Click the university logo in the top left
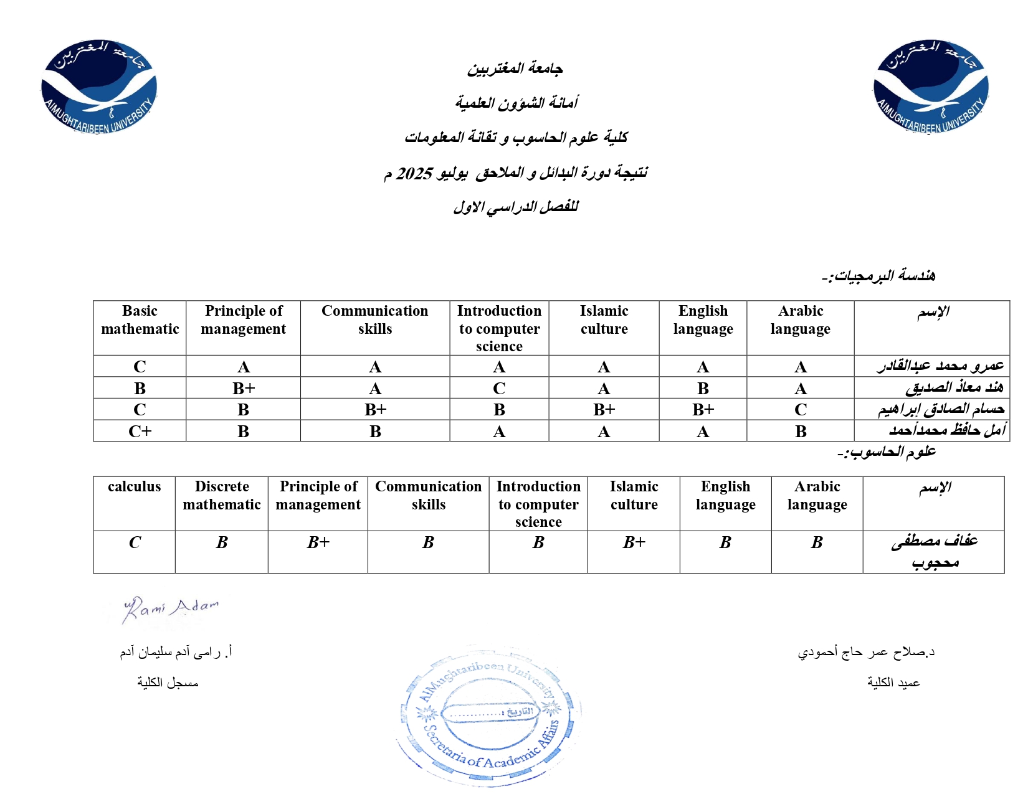[99, 87]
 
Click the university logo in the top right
[931, 87]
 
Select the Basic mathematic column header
[140, 320]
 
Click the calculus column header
[134, 487]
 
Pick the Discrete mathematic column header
[222, 496]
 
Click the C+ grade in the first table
[140, 432]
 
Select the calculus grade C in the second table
[135, 542]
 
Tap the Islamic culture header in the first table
[604, 320]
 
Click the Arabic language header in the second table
[817, 496]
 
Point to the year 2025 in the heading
[414, 173]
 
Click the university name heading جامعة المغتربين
[515, 69]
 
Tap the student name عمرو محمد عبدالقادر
[940, 366]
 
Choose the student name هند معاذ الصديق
[954, 388]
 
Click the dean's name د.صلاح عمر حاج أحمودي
[866, 652]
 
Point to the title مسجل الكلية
[168, 683]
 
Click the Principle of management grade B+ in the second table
[318, 542]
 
